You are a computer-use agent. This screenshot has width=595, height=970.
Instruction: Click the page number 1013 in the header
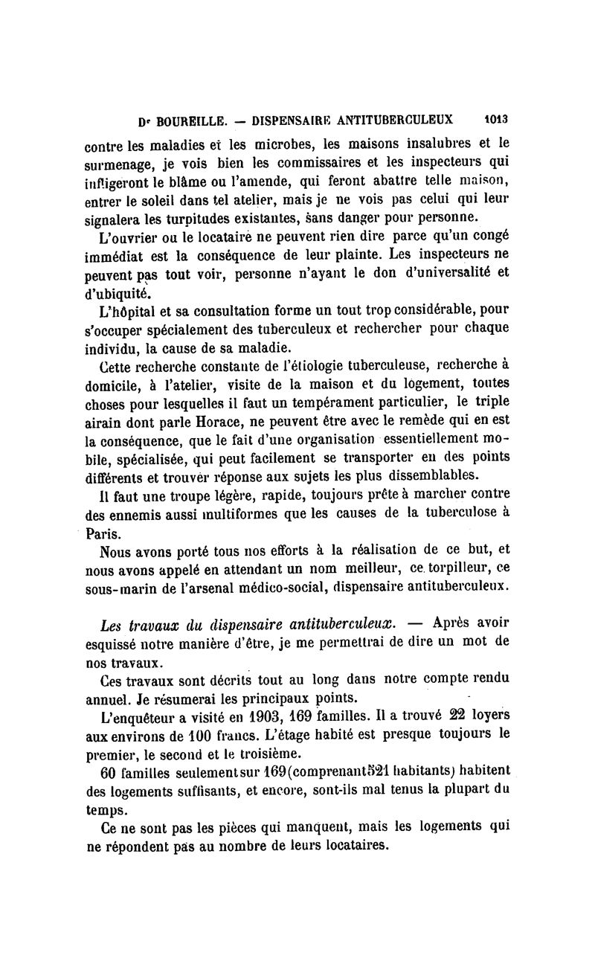click(x=495, y=118)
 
